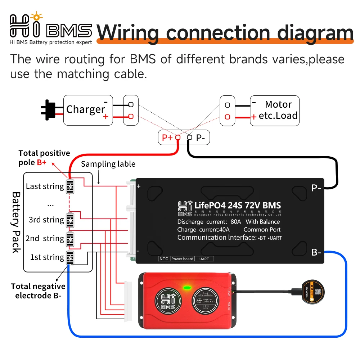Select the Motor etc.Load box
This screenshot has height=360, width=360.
[275, 110]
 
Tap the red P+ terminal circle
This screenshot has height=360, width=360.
[177, 137]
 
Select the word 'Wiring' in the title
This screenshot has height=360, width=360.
[128, 32]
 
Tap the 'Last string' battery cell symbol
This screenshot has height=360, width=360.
[70, 186]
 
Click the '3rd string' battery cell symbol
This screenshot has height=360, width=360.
[70, 220]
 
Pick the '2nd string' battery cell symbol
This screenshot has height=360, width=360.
[70, 238]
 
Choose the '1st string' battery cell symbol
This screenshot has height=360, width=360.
[70, 257]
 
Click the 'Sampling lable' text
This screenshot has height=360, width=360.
[108, 164]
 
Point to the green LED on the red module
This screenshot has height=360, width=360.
[186, 288]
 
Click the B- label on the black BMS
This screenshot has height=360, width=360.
[316, 252]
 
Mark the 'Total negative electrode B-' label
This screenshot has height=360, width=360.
[38, 291]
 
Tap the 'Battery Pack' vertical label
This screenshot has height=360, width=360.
[16, 222]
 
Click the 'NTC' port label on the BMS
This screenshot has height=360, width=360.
[163, 259]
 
